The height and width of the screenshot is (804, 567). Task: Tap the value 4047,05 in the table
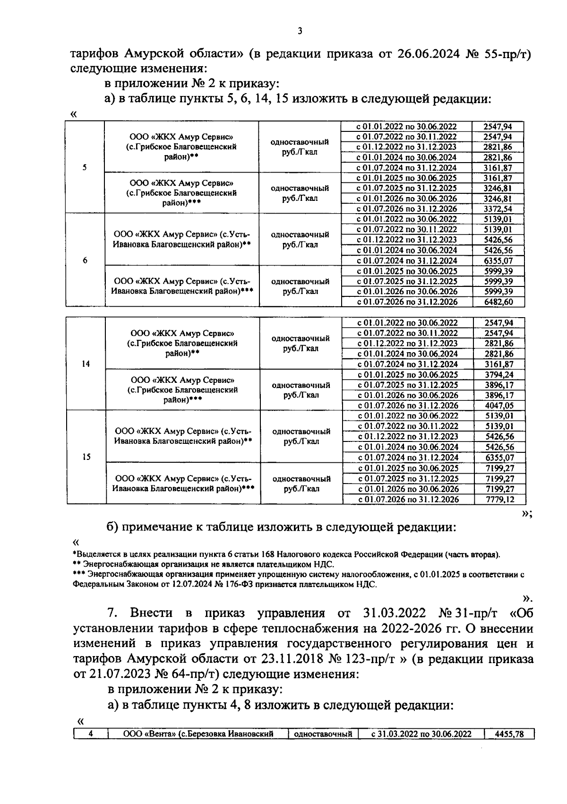(x=499, y=405)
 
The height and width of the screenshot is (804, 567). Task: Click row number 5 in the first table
(x=85, y=167)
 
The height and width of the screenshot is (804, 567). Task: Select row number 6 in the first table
(x=85, y=260)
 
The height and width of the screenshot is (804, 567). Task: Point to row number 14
(x=86, y=364)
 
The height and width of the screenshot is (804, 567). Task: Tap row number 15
(x=86, y=457)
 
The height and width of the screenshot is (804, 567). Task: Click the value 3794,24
(x=499, y=374)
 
